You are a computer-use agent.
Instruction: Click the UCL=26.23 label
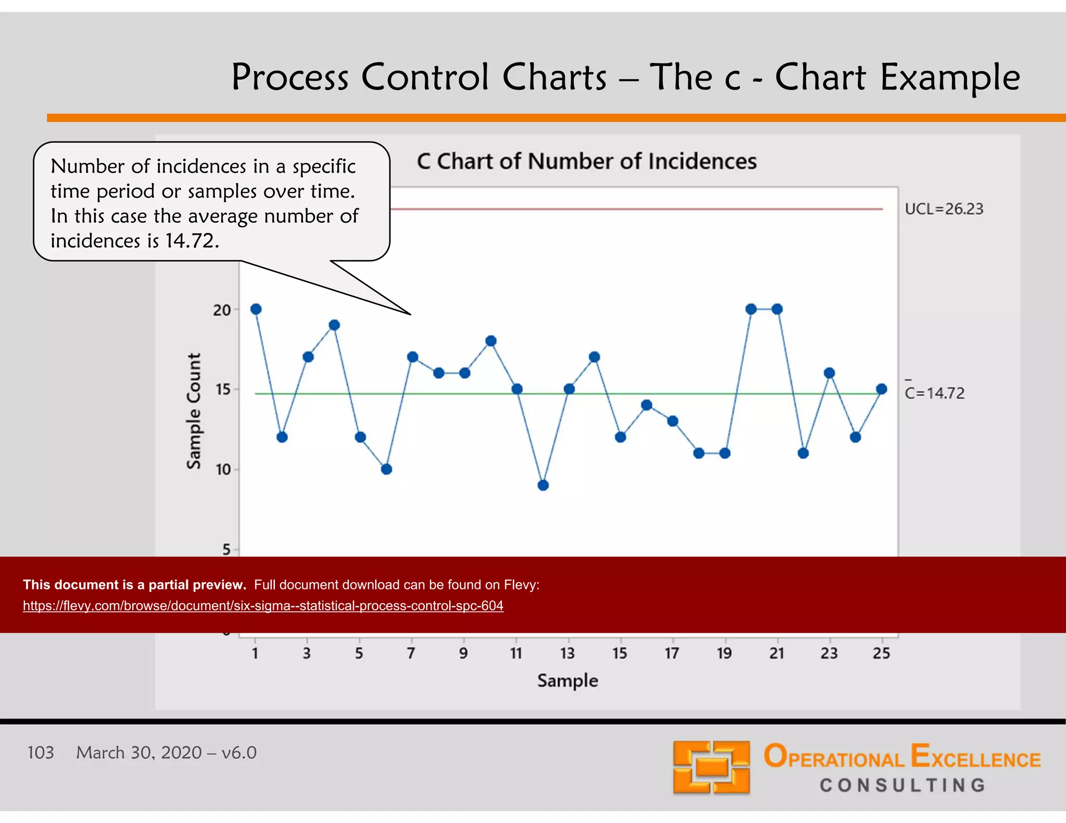click(x=944, y=209)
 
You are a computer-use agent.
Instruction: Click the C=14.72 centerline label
click(x=935, y=393)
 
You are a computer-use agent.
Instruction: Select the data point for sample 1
click(x=256, y=309)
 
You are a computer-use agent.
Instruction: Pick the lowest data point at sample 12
click(x=543, y=485)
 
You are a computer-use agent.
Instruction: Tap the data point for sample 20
click(x=751, y=309)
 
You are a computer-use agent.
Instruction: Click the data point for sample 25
click(x=881, y=389)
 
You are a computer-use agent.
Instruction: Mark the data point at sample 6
click(x=386, y=469)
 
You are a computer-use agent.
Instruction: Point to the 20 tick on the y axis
click(x=222, y=310)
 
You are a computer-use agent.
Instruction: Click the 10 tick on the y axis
click(x=223, y=470)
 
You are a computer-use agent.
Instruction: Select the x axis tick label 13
click(x=567, y=653)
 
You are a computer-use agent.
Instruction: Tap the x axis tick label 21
click(x=777, y=653)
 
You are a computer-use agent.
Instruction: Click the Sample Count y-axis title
click(x=194, y=411)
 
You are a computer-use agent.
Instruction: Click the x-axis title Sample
click(x=567, y=680)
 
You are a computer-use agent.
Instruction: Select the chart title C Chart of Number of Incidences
click(x=587, y=161)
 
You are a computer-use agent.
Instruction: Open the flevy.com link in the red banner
click(x=263, y=606)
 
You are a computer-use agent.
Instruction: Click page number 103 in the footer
click(x=41, y=753)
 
